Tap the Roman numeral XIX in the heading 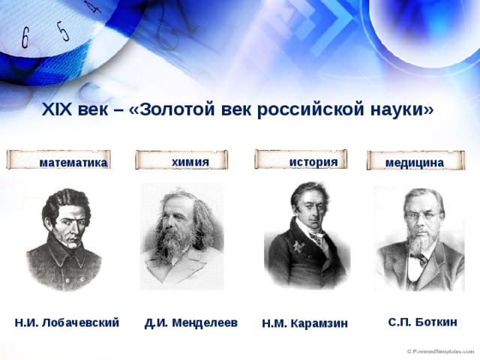(x=57, y=109)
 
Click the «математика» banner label (x=73, y=163)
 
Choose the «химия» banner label (x=190, y=162)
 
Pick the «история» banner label (x=313, y=162)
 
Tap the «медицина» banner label (x=415, y=163)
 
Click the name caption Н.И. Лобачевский (x=67, y=322)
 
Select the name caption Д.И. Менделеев (x=191, y=323)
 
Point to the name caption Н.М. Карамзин (x=305, y=323)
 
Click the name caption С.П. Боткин (x=422, y=322)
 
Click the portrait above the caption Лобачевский (x=64, y=239)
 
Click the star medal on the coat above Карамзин (x=298, y=246)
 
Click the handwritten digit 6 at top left (x=25, y=38)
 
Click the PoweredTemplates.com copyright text (x=440, y=351)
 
